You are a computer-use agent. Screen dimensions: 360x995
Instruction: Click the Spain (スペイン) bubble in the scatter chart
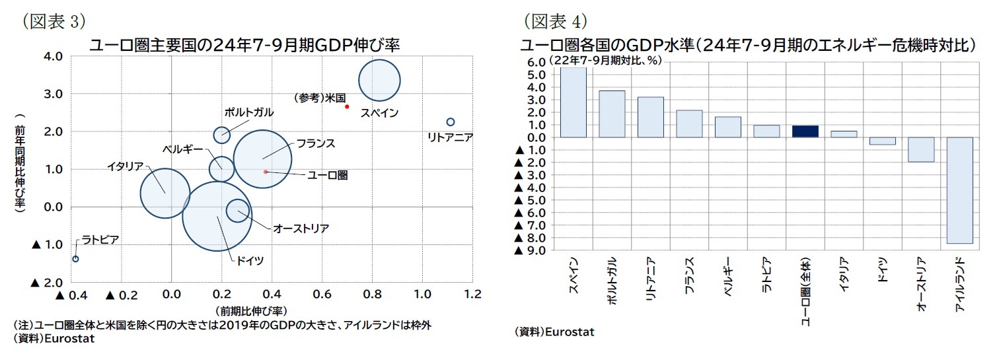click(379, 81)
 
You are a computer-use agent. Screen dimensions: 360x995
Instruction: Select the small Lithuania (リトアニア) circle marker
click(451, 122)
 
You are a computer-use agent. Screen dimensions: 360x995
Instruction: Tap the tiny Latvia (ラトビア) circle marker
click(75, 259)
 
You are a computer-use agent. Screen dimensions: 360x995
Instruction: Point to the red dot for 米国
click(347, 106)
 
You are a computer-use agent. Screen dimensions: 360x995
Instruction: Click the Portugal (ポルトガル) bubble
click(222, 135)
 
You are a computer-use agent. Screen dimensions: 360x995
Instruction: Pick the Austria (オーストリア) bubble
click(237, 211)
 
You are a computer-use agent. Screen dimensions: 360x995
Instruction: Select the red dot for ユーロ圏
click(266, 172)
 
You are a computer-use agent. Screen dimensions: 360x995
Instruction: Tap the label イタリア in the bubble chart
click(125, 166)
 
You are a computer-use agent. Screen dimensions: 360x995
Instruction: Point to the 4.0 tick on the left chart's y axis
click(52, 56)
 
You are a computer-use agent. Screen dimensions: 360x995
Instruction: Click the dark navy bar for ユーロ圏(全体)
click(805, 131)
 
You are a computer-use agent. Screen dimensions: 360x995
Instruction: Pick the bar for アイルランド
click(960, 190)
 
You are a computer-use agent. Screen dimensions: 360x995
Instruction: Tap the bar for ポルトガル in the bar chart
click(612, 114)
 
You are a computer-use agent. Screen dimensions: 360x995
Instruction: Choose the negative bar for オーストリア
click(921, 149)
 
